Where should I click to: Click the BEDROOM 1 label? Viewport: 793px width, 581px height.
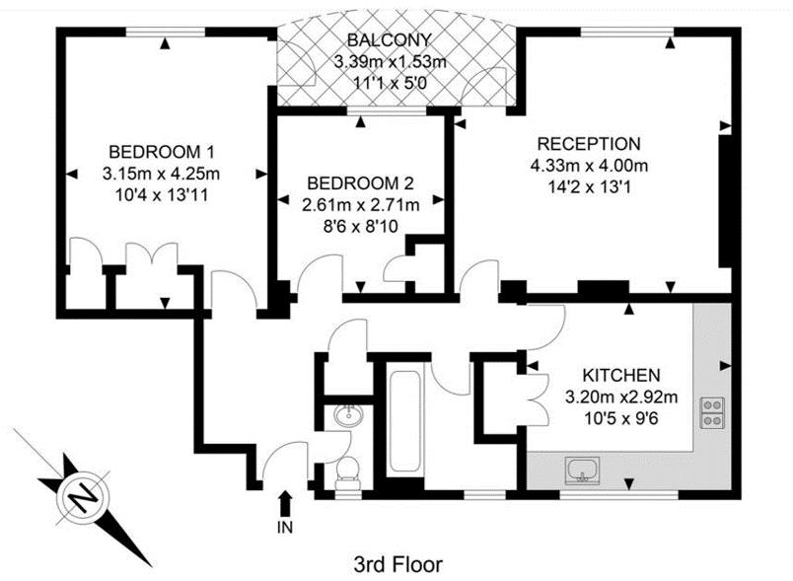[x=162, y=152]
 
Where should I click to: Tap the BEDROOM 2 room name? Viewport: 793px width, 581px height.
[x=360, y=183]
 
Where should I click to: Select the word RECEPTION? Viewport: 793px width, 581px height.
[x=589, y=144]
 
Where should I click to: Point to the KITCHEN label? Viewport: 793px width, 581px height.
[x=621, y=375]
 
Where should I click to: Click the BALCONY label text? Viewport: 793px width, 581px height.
[x=390, y=39]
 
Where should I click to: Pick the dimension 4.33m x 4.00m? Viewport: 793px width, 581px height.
[x=589, y=166]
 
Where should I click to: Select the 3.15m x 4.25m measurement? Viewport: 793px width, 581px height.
[x=162, y=174]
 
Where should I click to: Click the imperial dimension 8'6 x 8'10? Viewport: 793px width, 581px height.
[x=361, y=226]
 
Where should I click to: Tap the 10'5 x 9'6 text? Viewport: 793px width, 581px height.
[x=621, y=418]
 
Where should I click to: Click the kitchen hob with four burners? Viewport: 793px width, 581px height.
[x=712, y=413]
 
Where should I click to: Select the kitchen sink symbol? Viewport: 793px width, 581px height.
[x=583, y=471]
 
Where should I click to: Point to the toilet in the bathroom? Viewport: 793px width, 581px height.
[x=348, y=473]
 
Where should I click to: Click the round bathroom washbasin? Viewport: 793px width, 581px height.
[x=348, y=414]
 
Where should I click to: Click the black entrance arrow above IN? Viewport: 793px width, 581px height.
[x=285, y=503]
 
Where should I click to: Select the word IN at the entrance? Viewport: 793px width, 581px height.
[x=285, y=528]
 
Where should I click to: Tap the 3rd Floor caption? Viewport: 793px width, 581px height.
[x=397, y=564]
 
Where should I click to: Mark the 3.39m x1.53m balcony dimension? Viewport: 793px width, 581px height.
[x=390, y=62]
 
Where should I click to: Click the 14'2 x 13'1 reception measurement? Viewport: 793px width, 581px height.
[x=589, y=187]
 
